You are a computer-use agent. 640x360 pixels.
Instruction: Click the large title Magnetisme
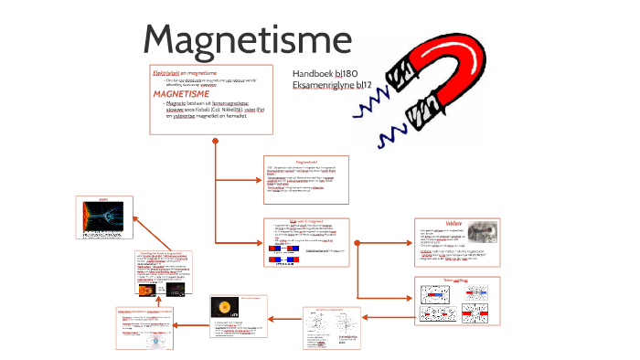(247, 39)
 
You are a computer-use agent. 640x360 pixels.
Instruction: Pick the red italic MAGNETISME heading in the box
(181, 93)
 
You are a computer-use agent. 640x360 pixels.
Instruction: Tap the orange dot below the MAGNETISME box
(215, 141)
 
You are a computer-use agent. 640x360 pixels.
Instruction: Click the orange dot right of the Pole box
(357, 244)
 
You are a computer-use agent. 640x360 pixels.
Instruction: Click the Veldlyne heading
(454, 221)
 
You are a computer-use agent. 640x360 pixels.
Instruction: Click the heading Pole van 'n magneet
(305, 221)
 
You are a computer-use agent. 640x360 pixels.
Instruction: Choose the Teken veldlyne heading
(455, 280)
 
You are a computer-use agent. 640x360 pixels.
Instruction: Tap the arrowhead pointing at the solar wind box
(136, 219)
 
